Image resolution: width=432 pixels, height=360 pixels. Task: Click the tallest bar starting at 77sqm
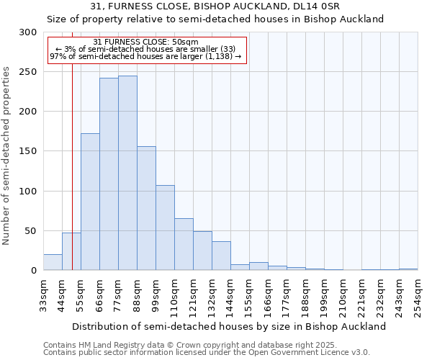(x=127, y=173)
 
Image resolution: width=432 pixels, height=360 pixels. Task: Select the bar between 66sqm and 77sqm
(x=109, y=174)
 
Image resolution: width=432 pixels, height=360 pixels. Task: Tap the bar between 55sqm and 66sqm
(x=90, y=202)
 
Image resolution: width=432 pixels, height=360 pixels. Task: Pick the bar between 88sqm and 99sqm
(x=146, y=208)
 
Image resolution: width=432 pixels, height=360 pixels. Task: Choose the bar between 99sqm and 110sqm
(x=165, y=228)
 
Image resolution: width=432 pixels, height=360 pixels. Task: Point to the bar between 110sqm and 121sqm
(x=184, y=244)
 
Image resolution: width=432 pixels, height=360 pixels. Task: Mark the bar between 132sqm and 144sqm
(x=221, y=256)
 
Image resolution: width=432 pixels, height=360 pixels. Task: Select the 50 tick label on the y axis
(x=31, y=231)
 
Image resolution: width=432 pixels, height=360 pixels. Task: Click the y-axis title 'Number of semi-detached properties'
(x=7, y=156)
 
